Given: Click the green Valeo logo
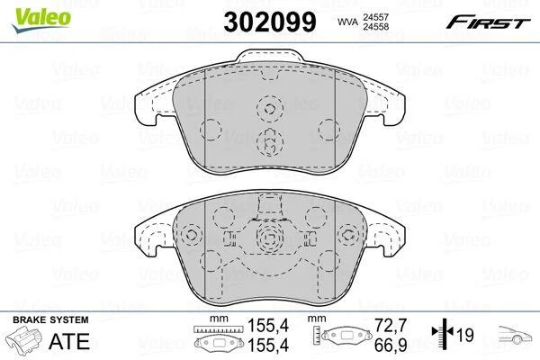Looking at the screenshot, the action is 41,20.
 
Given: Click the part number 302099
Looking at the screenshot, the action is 270,22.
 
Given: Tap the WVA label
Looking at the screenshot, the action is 347,22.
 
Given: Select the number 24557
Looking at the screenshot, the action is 375,16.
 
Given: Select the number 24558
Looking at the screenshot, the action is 375,26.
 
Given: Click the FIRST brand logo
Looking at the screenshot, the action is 488,22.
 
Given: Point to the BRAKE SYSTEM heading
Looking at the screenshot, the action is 50,320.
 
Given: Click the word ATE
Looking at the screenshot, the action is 69,341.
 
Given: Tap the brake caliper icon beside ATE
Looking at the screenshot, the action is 23,339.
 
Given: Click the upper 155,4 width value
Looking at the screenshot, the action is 268,325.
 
